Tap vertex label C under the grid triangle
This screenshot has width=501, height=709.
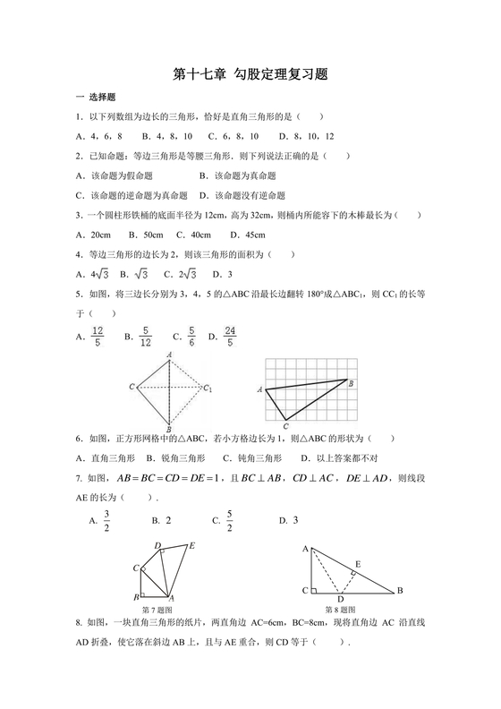tap(284, 425)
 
